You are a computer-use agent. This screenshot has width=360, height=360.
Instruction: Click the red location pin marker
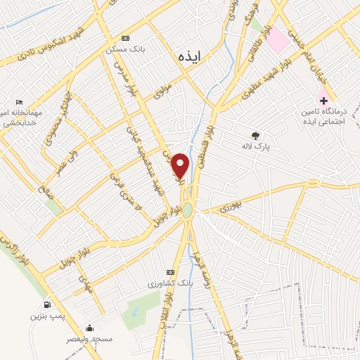(x=181, y=165)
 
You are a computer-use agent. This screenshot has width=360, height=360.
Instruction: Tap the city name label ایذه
(x=190, y=57)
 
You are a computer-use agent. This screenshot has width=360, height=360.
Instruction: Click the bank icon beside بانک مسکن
(x=125, y=38)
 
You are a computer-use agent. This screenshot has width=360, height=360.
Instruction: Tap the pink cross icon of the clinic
(x=323, y=101)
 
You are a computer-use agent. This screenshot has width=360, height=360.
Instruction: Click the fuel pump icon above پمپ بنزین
(x=47, y=304)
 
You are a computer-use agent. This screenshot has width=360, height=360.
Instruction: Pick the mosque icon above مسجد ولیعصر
(x=89, y=328)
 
